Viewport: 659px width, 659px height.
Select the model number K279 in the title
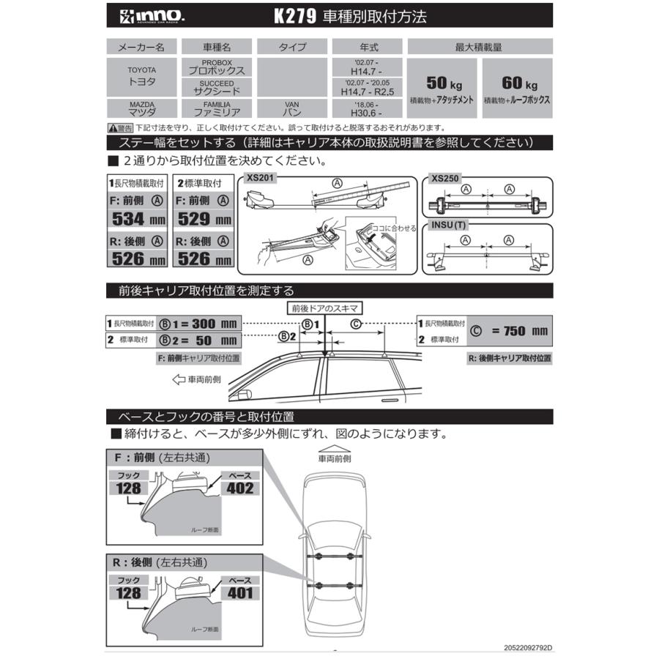pyautogui.click(x=296, y=15)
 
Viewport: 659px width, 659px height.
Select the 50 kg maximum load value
pyautogui.click(x=441, y=82)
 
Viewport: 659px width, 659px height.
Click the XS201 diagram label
pyautogui.click(x=259, y=179)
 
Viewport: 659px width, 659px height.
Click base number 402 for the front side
pyautogui.click(x=240, y=488)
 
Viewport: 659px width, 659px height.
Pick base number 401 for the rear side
pyautogui.click(x=240, y=593)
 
